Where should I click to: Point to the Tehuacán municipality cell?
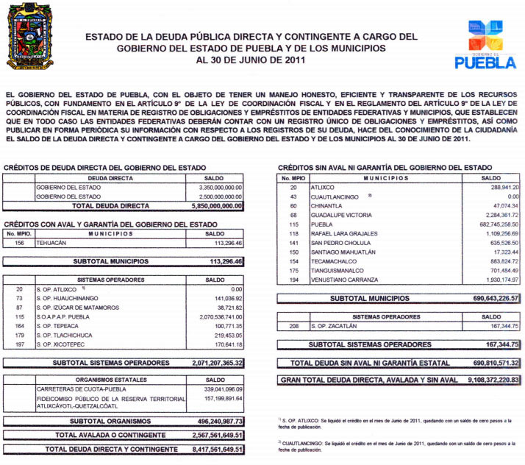(x=51, y=243)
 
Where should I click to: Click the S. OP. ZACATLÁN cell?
(x=335, y=325)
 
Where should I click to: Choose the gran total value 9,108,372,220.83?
(x=483, y=380)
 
